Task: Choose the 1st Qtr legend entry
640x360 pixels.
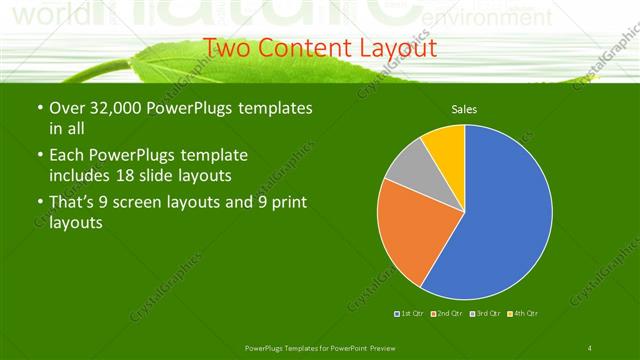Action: point(410,314)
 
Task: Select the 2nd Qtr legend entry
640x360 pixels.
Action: point(446,314)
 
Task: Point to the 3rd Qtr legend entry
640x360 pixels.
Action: point(486,314)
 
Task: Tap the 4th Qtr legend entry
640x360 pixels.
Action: point(524,314)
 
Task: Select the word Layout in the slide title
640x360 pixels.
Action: point(395,47)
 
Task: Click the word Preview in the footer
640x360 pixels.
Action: point(370,347)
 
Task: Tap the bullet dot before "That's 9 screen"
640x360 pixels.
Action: point(39,204)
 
